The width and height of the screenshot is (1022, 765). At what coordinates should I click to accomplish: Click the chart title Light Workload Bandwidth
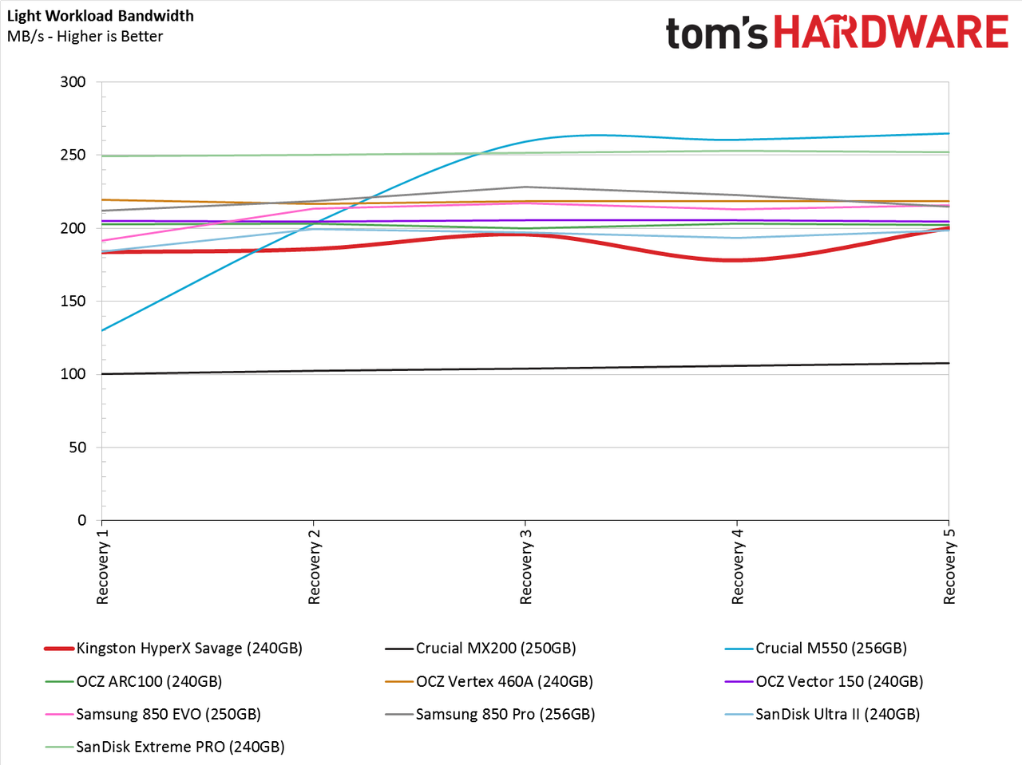[x=100, y=16]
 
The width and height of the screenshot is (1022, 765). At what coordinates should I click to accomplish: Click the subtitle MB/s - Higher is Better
[x=85, y=36]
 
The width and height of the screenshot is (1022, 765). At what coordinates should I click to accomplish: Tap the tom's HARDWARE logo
[x=837, y=32]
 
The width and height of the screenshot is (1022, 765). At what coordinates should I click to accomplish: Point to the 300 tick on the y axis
[x=73, y=82]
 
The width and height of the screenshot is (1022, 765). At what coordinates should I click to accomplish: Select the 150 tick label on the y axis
[x=73, y=302]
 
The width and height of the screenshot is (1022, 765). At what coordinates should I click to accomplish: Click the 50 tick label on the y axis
[x=77, y=448]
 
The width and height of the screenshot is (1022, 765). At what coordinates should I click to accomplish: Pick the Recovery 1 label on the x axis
[x=102, y=566]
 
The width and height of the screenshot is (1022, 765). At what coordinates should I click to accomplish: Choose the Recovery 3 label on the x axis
[x=525, y=566]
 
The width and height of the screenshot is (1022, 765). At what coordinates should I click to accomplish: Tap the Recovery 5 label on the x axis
[x=949, y=566]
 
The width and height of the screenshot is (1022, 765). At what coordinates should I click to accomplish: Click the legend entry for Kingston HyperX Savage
[x=173, y=649]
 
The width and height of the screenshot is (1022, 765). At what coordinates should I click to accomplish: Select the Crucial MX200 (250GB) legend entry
[x=481, y=649]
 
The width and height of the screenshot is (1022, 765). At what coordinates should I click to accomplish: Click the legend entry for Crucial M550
[x=816, y=649]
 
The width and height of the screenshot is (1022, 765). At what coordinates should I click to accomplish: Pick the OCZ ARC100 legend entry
[x=133, y=682]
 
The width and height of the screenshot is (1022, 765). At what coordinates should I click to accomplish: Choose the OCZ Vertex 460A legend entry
[x=489, y=682]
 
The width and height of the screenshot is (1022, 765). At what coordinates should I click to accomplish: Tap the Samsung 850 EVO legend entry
[x=153, y=714]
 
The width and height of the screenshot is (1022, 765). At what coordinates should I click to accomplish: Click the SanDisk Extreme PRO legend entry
[x=164, y=747]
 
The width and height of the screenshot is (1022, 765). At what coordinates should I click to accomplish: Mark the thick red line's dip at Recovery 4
[x=737, y=260]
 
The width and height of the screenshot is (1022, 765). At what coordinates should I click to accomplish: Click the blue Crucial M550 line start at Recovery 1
[x=102, y=330]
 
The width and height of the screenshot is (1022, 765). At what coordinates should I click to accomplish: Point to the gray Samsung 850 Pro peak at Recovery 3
[x=525, y=187]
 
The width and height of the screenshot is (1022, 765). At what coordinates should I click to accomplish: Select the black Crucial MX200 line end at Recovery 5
[x=949, y=363]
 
